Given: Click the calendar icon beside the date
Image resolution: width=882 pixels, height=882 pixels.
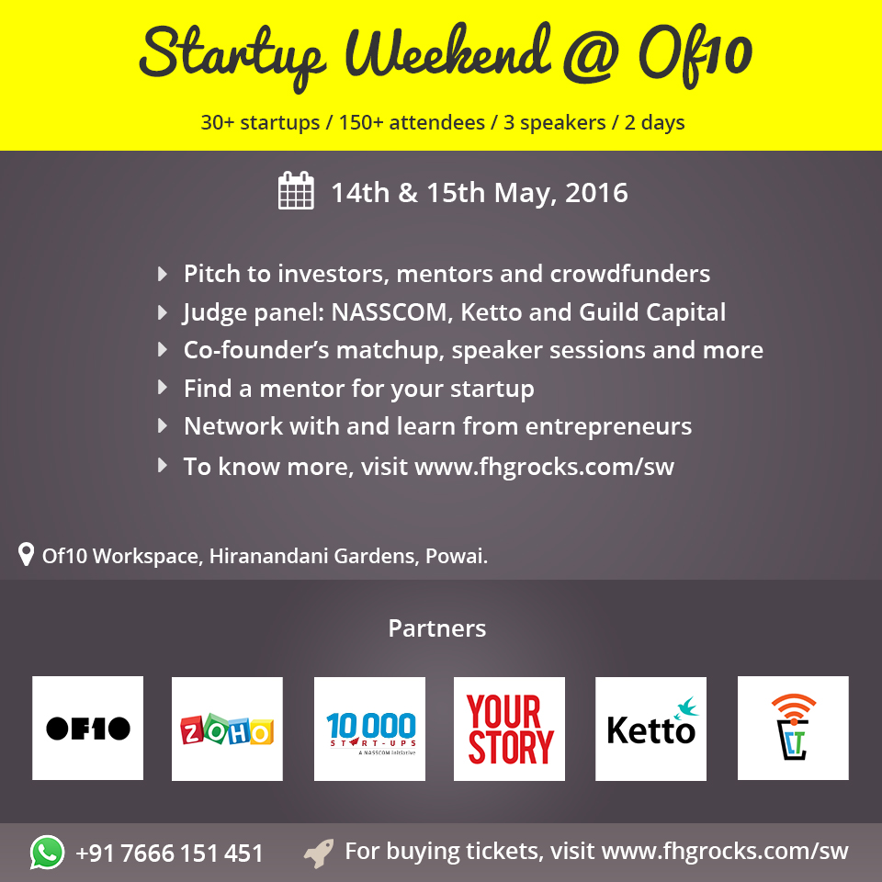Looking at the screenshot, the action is click(x=296, y=190).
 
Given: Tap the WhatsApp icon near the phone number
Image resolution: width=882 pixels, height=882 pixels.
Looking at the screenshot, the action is click(x=47, y=853).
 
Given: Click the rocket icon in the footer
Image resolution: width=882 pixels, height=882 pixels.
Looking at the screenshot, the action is click(x=319, y=854).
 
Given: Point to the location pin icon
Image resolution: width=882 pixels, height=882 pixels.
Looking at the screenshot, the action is click(x=26, y=554).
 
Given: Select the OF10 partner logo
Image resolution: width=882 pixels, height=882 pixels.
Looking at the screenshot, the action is click(x=88, y=728).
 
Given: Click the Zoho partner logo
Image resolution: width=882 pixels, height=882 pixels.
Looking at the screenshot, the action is click(x=227, y=729).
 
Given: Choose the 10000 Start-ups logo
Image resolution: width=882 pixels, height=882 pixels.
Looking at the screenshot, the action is click(x=369, y=729).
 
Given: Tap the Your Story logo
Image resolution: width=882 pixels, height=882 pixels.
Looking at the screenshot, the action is click(x=509, y=729).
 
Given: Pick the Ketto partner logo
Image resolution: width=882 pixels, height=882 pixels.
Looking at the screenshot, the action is click(x=650, y=729).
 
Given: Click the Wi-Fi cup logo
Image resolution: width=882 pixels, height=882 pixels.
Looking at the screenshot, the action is click(x=793, y=728).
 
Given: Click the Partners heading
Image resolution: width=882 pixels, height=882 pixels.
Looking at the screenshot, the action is click(x=437, y=628).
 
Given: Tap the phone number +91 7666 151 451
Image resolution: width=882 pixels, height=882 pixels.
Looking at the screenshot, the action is click(x=169, y=854).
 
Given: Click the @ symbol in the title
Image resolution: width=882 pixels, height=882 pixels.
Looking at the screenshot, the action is click(x=592, y=56).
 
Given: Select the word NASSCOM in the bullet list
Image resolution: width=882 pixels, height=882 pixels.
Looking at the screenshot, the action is click(x=389, y=312).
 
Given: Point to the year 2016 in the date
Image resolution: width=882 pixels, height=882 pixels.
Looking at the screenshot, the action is click(x=596, y=192).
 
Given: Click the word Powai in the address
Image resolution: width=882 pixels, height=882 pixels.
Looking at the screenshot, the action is click(x=457, y=556).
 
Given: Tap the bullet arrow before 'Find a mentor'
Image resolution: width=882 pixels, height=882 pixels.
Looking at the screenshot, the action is click(x=163, y=388).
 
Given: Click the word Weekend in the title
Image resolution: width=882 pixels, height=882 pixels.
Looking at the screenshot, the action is click(x=448, y=54).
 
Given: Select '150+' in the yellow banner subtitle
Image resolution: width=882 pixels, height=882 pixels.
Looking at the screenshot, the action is click(x=356, y=122).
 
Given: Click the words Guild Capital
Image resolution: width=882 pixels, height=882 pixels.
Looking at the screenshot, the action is click(x=652, y=312).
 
